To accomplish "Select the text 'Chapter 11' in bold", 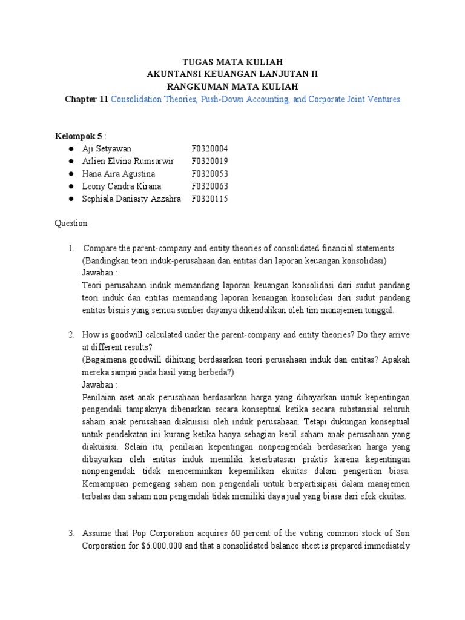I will pos(87,99).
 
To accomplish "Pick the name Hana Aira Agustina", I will pos(122,174).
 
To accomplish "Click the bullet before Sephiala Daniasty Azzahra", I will pos(71,199).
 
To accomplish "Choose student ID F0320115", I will pos(210,199).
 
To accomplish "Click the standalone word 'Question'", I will pos(71,223).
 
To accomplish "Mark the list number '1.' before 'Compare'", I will pos(71,248).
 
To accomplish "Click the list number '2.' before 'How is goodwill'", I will pos(71,335).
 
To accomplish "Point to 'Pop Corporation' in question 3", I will pos(142,533).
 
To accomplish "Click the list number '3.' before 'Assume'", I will pos(71,533).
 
